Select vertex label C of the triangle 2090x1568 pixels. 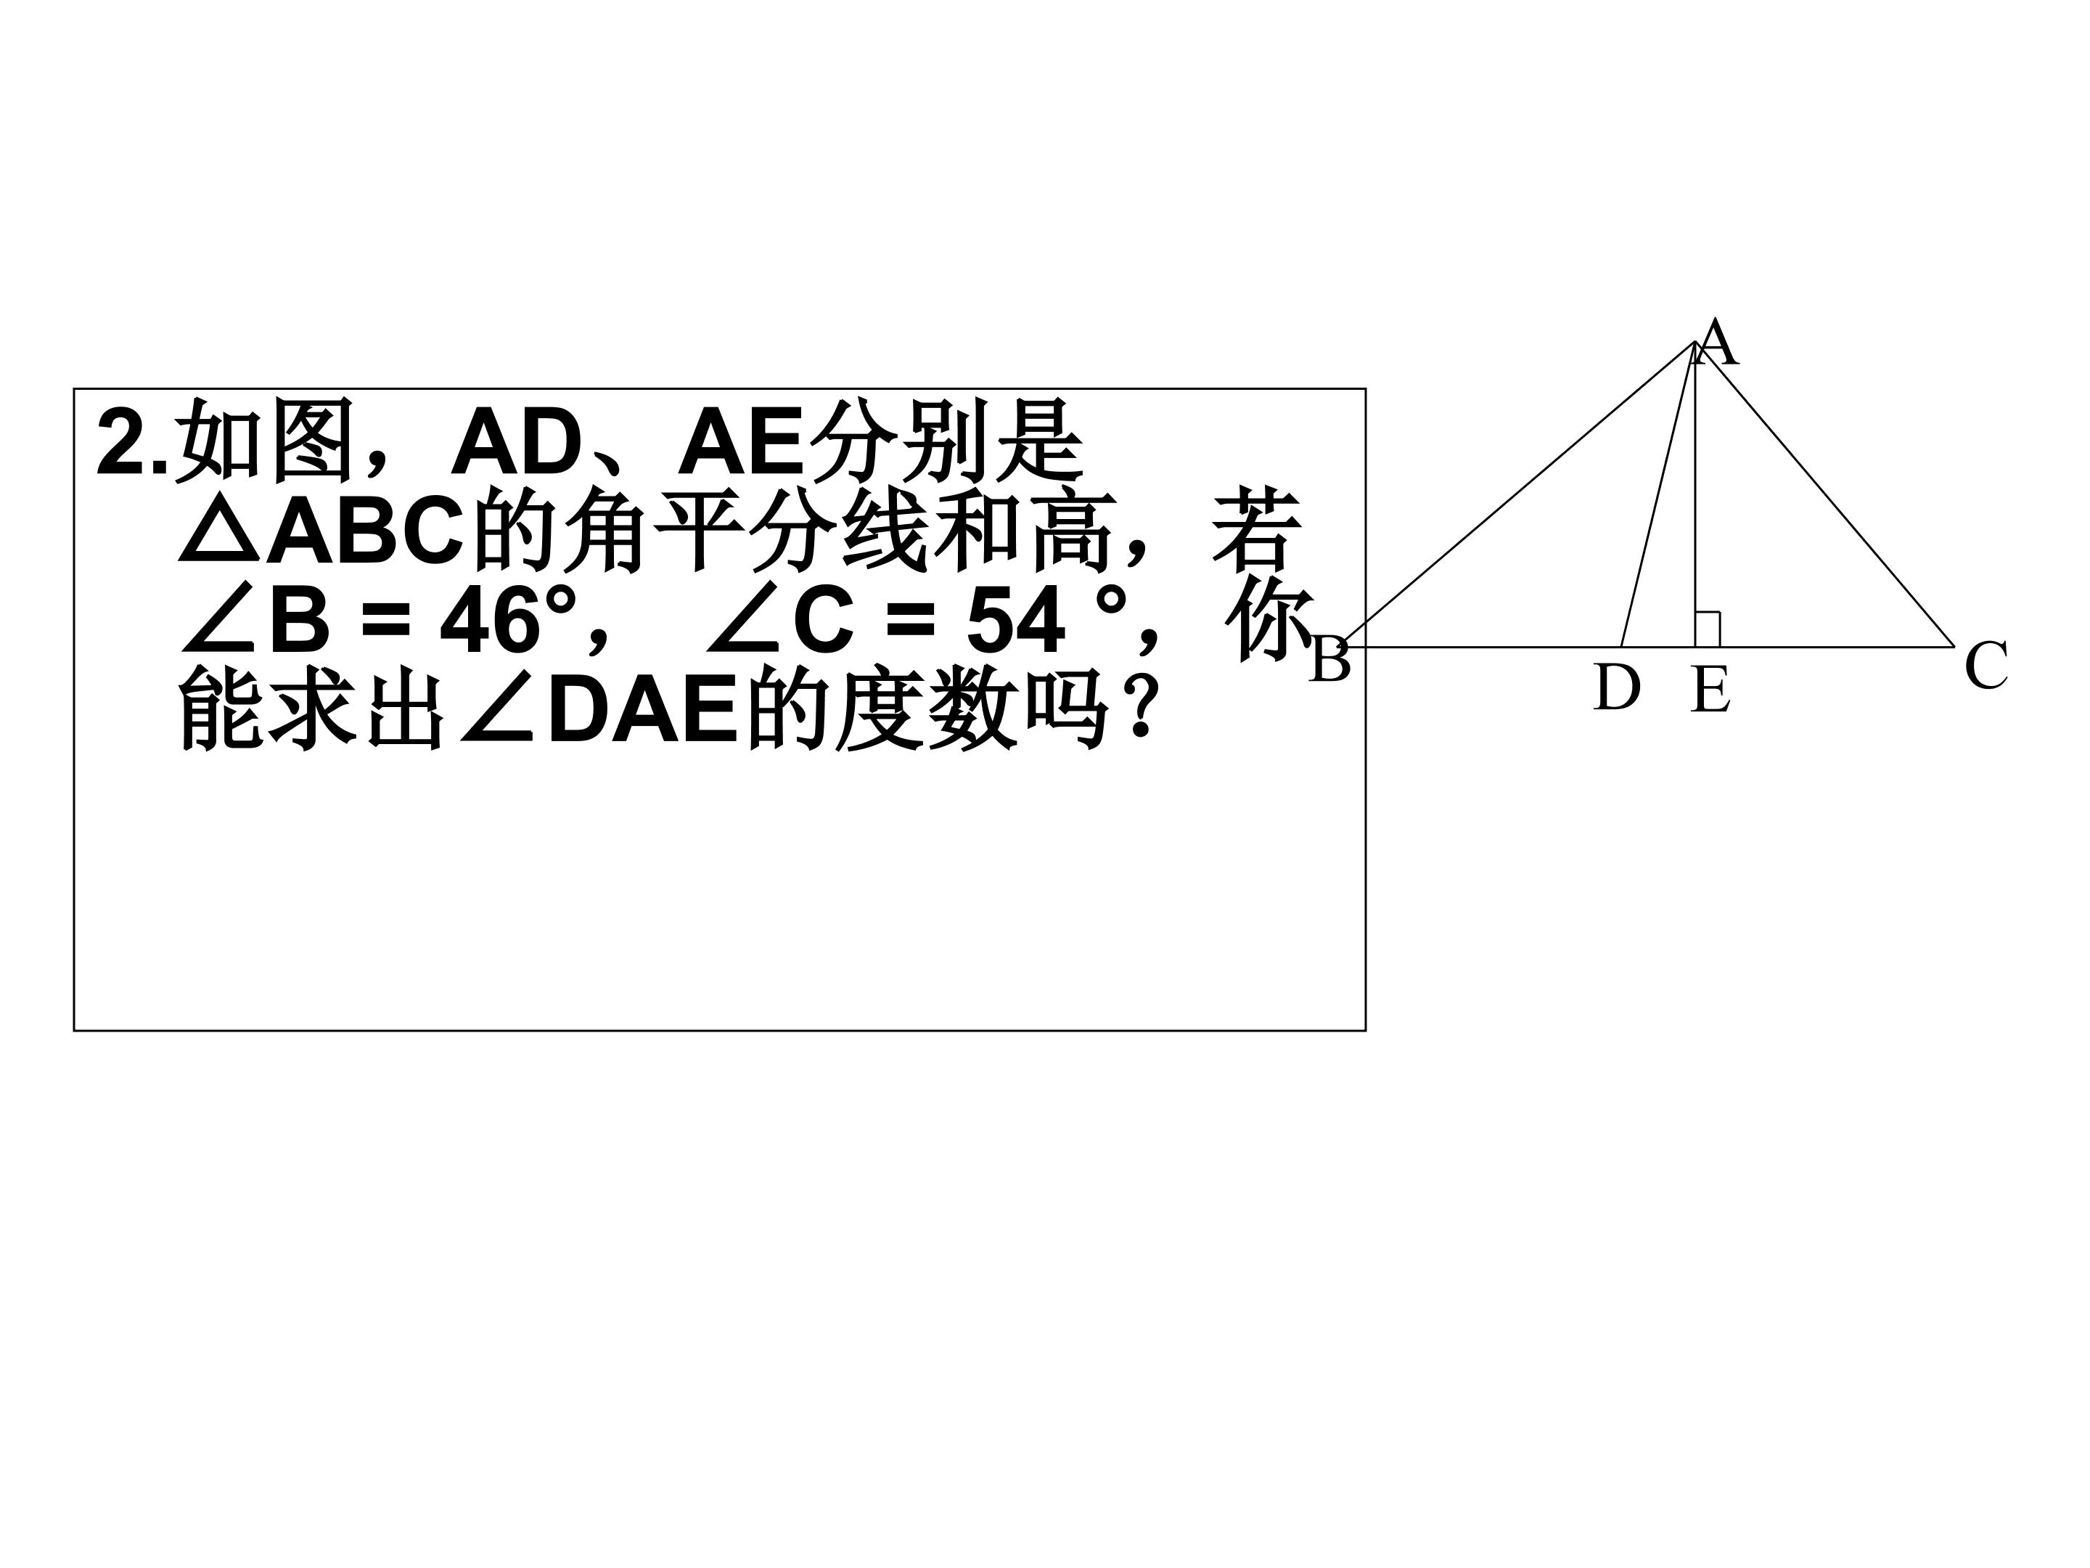point(1985,666)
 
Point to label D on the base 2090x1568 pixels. point(1617,687)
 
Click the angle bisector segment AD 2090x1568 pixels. point(1658,494)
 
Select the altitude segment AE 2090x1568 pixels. point(1695,494)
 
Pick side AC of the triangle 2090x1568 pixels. point(1824,494)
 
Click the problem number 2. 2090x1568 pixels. point(123,442)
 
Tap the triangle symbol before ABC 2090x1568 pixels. point(219,532)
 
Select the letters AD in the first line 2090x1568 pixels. point(516,442)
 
